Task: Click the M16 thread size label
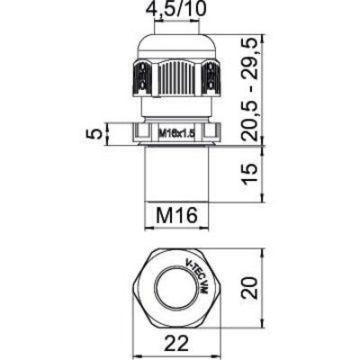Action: click(176, 215)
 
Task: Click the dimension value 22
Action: click(176, 345)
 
